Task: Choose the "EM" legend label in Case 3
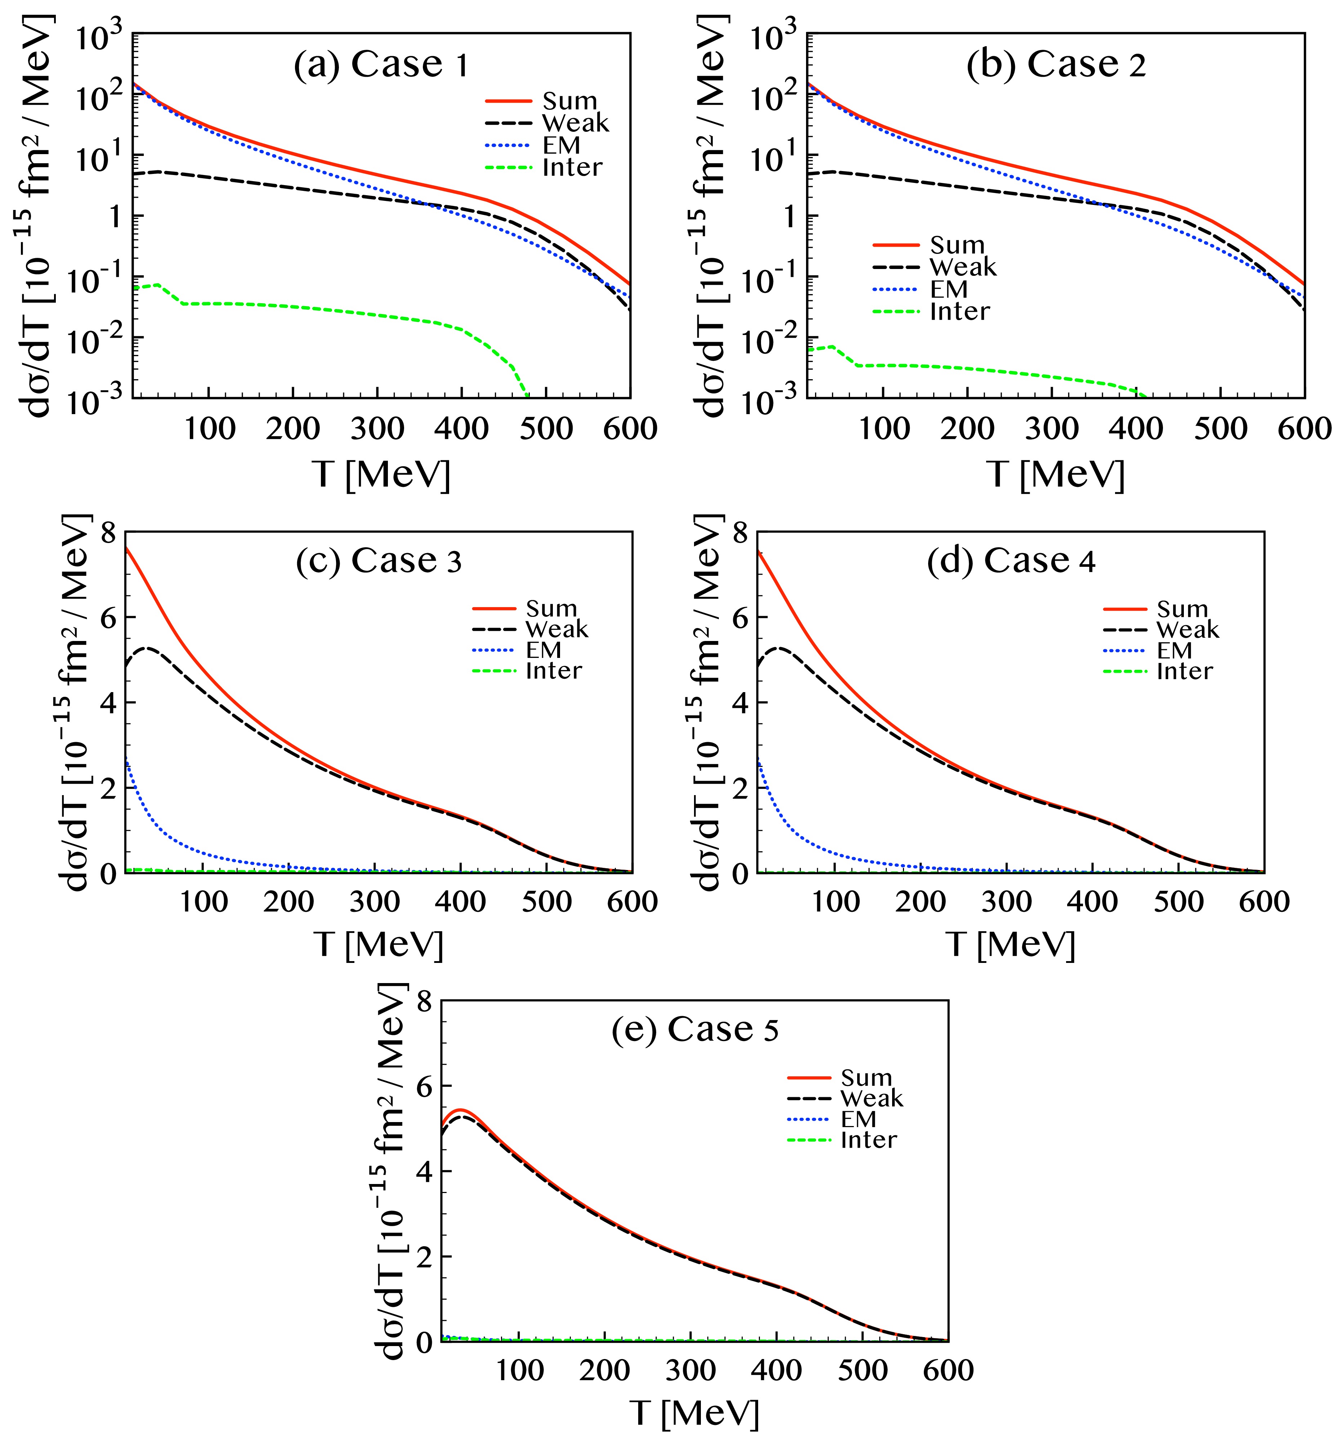(543, 650)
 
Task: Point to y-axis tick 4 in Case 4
(740, 703)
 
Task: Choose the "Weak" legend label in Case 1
(576, 124)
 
